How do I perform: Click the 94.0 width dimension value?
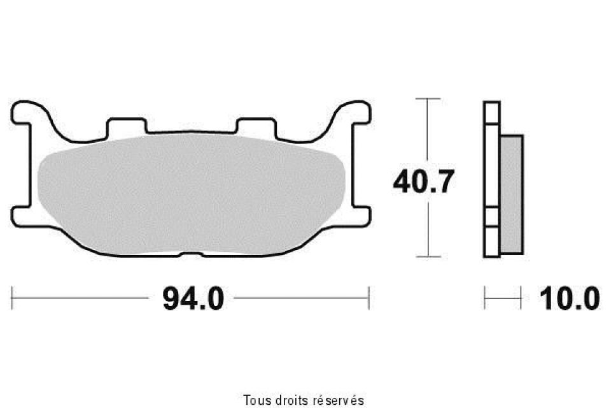click(193, 299)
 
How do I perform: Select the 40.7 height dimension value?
click(424, 182)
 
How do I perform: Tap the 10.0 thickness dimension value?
click(569, 299)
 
